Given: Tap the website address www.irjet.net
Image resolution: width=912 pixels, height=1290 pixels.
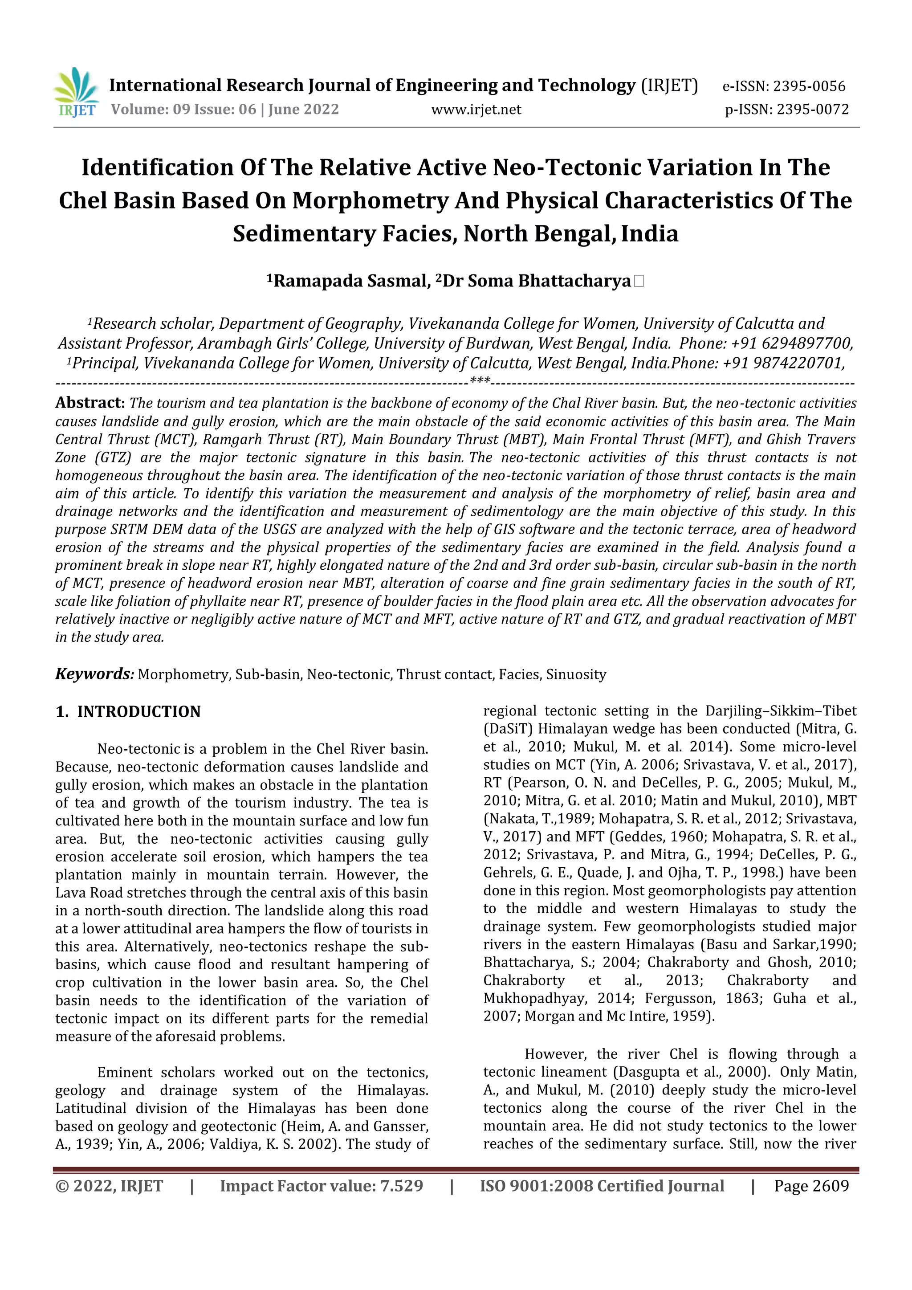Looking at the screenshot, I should pos(476,109).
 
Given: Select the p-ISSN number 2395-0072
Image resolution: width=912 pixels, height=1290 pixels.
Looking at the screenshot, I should pos(813,109).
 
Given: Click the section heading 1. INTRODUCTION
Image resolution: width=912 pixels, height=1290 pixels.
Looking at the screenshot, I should pos(128,711).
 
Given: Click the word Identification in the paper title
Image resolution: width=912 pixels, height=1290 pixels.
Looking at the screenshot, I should pos(157,167).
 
